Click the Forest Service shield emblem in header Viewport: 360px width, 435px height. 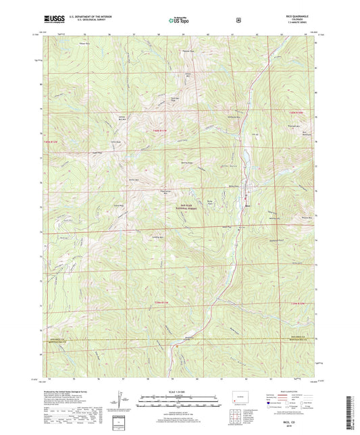(x=238, y=20)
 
